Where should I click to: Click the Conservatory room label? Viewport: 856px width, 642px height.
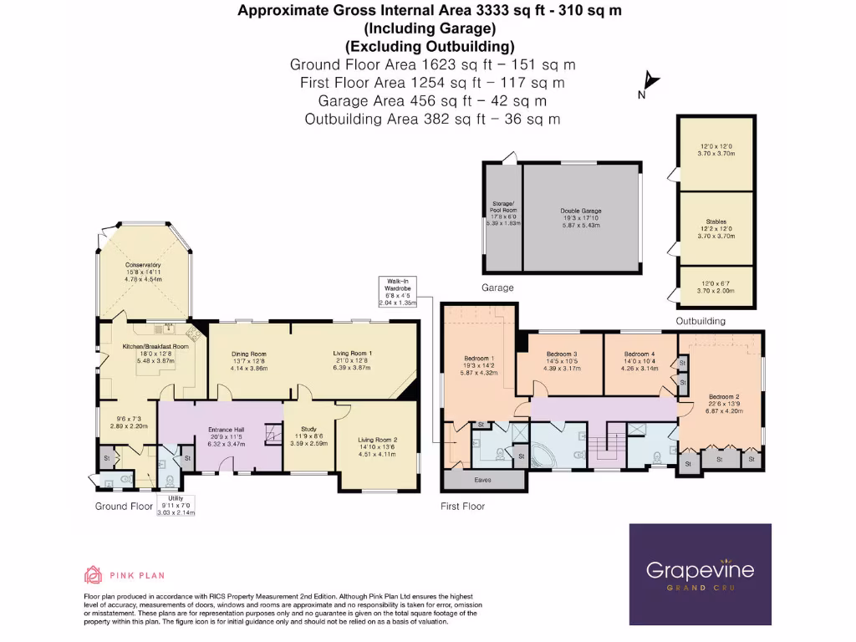click(143, 265)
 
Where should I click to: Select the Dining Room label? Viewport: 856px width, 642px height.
click(248, 354)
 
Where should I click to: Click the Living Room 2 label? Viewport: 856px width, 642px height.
click(378, 440)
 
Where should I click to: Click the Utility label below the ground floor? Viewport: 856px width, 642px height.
click(176, 498)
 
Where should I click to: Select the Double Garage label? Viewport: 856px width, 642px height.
click(581, 211)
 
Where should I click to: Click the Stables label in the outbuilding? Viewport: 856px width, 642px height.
click(715, 222)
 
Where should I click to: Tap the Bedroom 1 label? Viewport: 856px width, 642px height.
click(480, 358)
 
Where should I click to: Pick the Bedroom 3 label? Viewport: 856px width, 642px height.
click(561, 354)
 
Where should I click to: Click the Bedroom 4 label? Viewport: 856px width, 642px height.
click(639, 354)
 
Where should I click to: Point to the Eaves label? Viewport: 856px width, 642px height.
click(482, 480)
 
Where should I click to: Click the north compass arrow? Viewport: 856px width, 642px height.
click(651, 84)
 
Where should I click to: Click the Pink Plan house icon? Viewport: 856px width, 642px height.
click(93, 574)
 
